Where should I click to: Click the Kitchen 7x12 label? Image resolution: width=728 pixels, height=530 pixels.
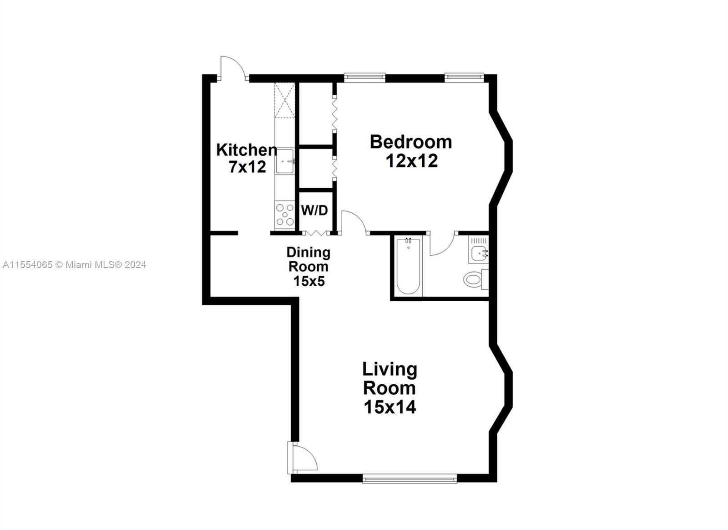click(x=247, y=158)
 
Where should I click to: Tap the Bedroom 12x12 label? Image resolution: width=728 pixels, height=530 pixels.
click(x=411, y=151)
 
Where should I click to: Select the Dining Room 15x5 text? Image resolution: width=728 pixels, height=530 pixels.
click(x=308, y=267)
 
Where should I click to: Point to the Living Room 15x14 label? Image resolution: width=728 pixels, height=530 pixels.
click(x=389, y=388)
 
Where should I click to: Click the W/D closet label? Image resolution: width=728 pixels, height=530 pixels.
click(x=314, y=211)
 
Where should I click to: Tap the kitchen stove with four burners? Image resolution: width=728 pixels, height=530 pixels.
click(x=285, y=214)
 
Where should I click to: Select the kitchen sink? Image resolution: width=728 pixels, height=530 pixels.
click(x=285, y=161)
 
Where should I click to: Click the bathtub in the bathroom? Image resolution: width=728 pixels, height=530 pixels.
click(x=408, y=266)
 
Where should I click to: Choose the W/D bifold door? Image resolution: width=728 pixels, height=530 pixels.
click(x=316, y=232)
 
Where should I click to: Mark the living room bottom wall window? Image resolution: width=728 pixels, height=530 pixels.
click(x=409, y=478)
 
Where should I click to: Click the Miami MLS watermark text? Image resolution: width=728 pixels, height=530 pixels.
click(x=75, y=265)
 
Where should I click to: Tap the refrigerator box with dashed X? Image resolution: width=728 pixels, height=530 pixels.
click(x=285, y=100)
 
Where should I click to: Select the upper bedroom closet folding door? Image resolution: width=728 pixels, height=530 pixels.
click(x=334, y=113)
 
